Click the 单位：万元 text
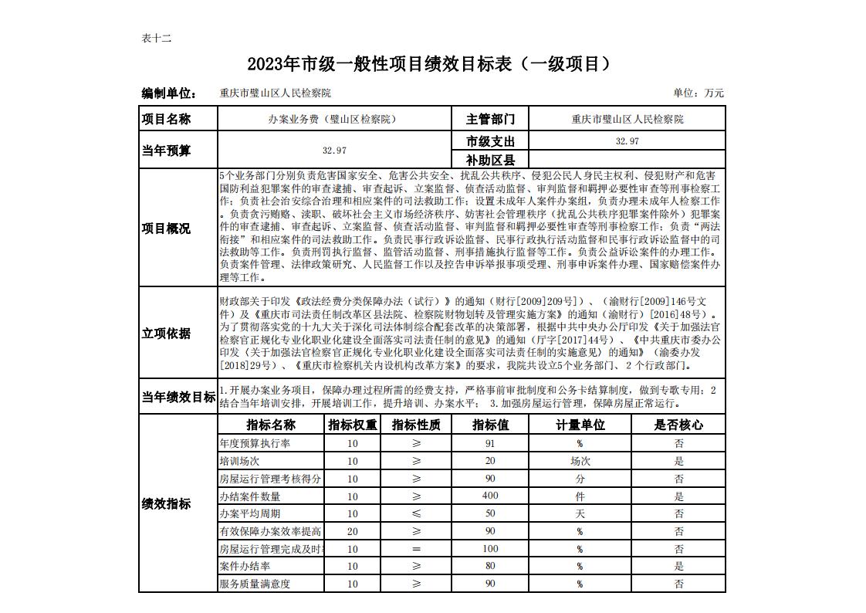[699, 93]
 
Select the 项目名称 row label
[166, 119]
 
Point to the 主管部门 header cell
[490, 119]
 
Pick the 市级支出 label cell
[490, 141]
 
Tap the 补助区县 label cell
[490, 161]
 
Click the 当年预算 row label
[166, 151]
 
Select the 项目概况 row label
[166, 229]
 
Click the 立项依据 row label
[166, 334]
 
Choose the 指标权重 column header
[353, 425]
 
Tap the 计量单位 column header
[580, 425]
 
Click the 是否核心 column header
[678, 425]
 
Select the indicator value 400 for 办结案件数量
[490, 496]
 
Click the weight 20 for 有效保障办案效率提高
[353, 531]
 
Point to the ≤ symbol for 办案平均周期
[417, 513]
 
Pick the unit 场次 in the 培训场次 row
[580, 461]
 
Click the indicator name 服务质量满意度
[255, 584]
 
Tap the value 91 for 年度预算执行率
[490, 444]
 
